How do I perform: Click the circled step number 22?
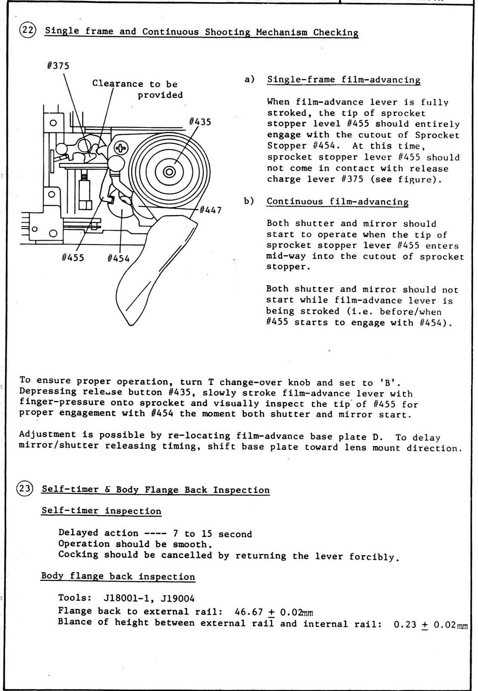(28, 31)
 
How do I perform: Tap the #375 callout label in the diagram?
(58, 66)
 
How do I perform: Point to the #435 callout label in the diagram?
(200, 122)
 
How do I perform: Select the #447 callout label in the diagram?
(211, 210)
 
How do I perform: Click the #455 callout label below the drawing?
(73, 258)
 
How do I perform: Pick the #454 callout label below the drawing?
(118, 258)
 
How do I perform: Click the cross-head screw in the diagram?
(121, 149)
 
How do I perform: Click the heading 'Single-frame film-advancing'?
(344, 80)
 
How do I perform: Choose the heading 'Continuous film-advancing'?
(337, 201)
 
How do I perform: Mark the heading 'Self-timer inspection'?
(101, 511)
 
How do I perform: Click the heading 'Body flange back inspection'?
(118, 576)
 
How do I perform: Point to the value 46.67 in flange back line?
(249, 612)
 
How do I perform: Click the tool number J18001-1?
(128, 598)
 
